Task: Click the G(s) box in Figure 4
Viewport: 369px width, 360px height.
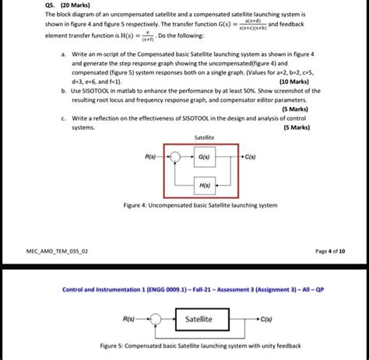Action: [204, 156]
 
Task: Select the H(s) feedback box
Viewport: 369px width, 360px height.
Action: [204, 186]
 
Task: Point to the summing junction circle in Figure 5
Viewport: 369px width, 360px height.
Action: [155, 319]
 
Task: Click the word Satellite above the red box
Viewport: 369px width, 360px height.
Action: [202, 136]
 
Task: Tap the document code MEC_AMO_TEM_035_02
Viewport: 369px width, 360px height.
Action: [61, 251]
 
